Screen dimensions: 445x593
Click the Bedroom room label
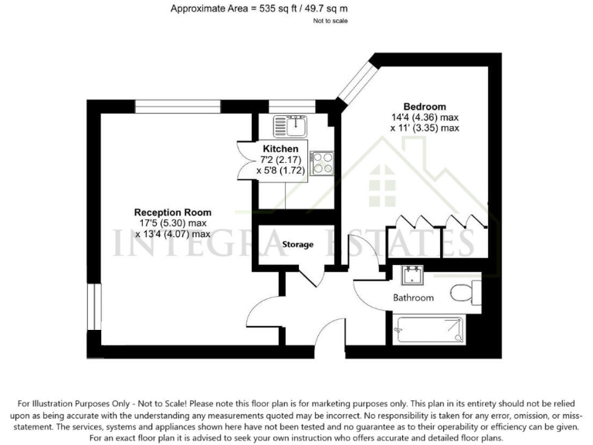(424, 106)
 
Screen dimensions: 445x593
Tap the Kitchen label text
(280, 148)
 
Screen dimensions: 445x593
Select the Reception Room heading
(173, 212)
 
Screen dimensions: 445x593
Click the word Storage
(298, 245)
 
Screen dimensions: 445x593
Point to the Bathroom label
(413, 297)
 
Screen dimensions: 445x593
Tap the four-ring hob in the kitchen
(322, 163)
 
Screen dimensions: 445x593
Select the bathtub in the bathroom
(429, 330)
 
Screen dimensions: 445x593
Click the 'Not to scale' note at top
(330, 21)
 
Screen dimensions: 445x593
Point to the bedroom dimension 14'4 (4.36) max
(424, 117)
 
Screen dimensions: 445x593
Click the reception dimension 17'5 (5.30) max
(173, 223)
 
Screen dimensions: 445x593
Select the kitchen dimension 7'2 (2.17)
(280, 159)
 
